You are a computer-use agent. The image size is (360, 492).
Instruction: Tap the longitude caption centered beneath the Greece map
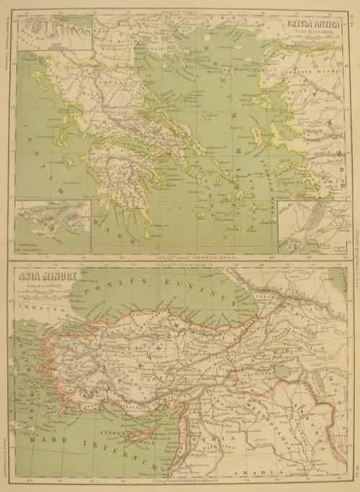(181, 257)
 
